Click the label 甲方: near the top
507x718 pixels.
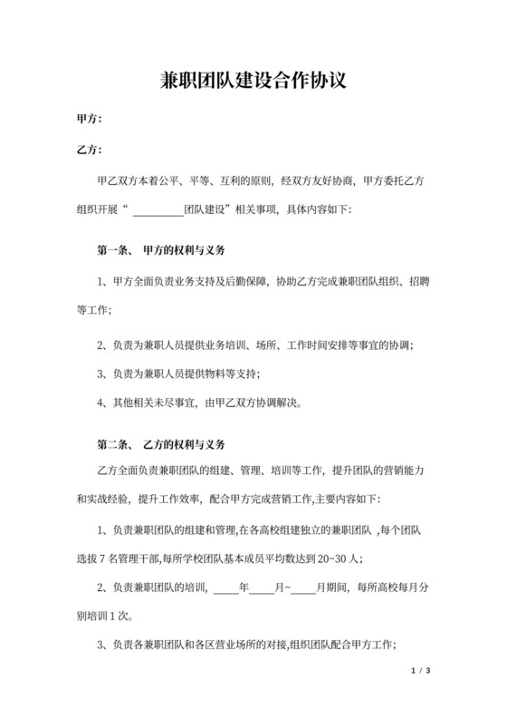88,119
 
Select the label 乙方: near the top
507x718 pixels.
88,150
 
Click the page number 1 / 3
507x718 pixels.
418,672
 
